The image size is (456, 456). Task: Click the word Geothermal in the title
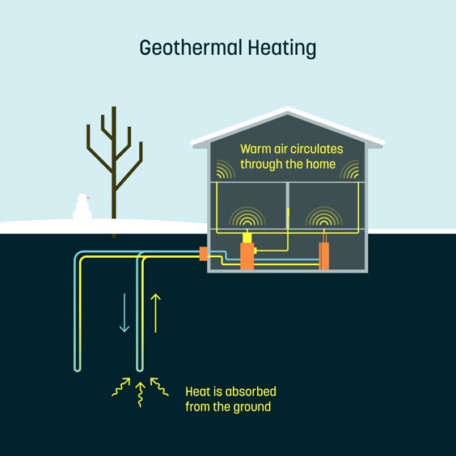(x=191, y=48)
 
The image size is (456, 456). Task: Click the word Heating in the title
(x=282, y=49)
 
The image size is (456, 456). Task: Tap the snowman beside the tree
(x=82, y=207)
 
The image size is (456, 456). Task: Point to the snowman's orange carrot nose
(x=88, y=198)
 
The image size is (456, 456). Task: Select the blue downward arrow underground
(x=125, y=313)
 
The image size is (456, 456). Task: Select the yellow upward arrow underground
(x=155, y=313)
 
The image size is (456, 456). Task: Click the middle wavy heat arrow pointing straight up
(x=140, y=395)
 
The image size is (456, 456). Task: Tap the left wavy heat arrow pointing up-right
(x=121, y=386)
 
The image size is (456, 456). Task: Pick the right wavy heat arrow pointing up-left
(x=159, y=386)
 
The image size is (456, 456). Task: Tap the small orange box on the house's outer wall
(x=203, y=254)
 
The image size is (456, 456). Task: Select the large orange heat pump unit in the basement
(x=247, y=256)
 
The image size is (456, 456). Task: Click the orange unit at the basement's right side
(x=324, y=256)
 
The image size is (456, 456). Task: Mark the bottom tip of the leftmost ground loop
(x=78, y=371)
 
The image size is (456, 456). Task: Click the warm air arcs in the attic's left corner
(x=226, y=169)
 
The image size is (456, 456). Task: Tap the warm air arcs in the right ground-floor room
(x=324, y=216)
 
